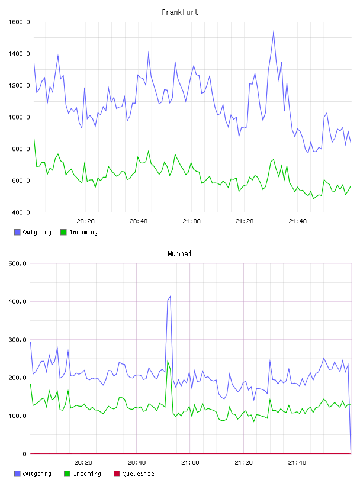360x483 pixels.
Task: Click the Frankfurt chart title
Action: point(180,12)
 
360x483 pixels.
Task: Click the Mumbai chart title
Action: point(179,254)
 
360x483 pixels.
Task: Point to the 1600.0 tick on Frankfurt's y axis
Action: point(19,22)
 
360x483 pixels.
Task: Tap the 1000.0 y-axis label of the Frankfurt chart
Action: point(19,117)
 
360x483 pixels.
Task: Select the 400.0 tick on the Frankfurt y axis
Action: point(21,212)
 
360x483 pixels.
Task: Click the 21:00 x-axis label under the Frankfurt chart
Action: point(191,221)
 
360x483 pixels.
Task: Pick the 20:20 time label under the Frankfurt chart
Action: point(85,221)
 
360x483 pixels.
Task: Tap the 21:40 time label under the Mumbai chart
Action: point(297,463)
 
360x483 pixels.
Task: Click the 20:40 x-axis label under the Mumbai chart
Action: point(137,463)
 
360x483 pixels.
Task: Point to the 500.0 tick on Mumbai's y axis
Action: point(18,263)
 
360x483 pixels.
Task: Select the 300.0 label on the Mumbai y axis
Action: point(18,340)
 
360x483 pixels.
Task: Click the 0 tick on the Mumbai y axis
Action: point(25,454)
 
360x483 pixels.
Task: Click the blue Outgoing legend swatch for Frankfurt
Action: point(17,232)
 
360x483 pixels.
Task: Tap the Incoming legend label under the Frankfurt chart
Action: point(83,233)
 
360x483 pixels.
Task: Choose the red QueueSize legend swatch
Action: point(117,474)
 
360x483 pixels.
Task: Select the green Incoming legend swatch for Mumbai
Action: point(67,474)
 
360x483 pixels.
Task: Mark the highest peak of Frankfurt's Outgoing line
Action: point(274,31)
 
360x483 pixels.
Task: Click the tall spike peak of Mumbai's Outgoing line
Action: point(170,297)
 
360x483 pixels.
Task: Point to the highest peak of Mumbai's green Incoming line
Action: point(168,360)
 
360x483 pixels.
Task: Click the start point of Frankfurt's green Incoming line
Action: point(34,139)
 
